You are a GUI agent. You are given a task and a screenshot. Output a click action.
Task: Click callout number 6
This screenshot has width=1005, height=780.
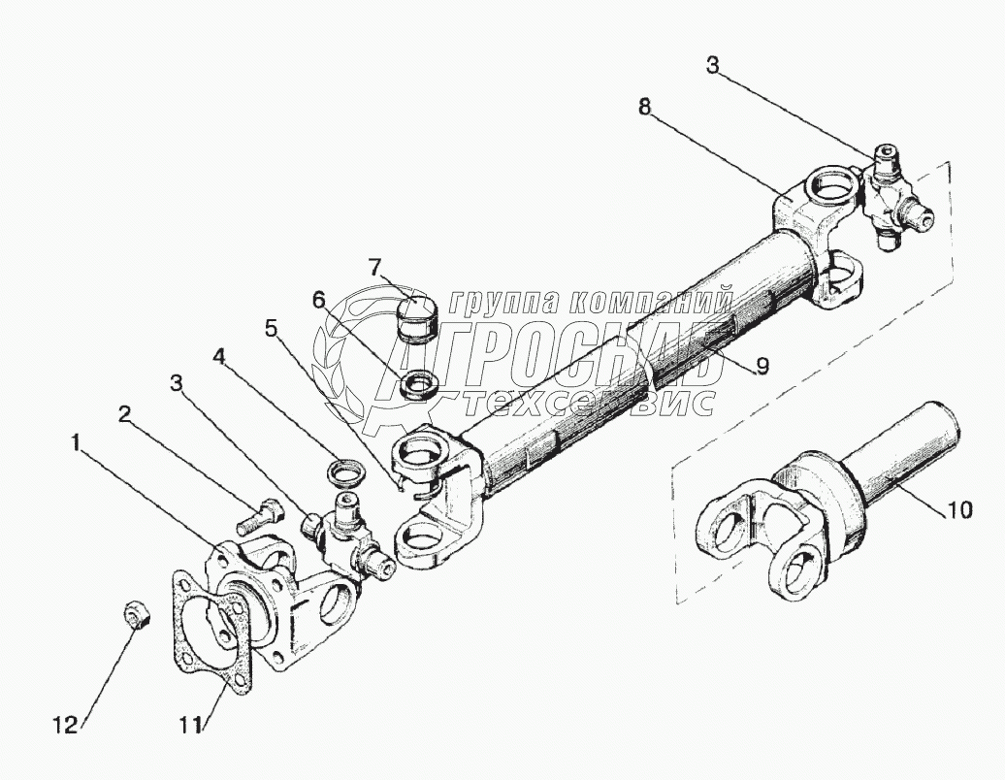pos(319,300)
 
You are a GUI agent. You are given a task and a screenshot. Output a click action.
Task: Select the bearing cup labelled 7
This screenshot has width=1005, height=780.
pos(419,316)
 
